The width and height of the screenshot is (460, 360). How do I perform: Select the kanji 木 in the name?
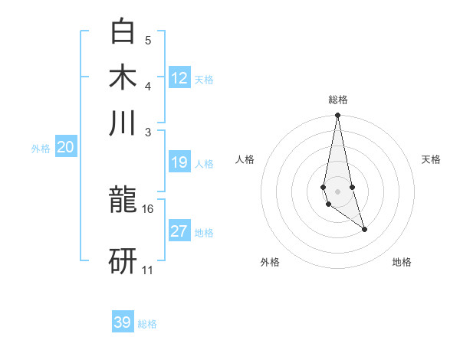click(123, 78)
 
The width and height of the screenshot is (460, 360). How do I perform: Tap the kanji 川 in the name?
click(123, 123)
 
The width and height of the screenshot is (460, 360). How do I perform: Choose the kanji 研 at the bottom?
click(123, 260)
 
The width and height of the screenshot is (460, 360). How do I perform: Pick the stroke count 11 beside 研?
click(148, 270)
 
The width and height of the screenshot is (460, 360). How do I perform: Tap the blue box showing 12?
click(179, 78)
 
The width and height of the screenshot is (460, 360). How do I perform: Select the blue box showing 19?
click(179, 162)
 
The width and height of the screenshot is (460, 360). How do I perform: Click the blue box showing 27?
click(179, 231)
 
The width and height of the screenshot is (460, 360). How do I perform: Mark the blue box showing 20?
click(65, 148)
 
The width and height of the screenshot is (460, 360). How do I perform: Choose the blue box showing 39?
click(123, 322)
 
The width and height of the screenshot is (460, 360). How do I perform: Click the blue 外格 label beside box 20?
click(40, 149)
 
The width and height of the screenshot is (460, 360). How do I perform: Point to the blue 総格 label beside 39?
click(147, 324)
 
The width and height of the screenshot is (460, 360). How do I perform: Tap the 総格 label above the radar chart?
click(337, 100)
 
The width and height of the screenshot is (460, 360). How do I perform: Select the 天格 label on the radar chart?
click(431, 159)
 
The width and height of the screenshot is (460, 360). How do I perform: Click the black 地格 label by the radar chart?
click(402, 262)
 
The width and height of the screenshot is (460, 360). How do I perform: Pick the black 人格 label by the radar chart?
click(245, 159)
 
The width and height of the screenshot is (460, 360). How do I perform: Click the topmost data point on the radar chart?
click(337, 116)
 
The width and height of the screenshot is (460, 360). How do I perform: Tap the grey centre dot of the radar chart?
click(337, 191)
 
